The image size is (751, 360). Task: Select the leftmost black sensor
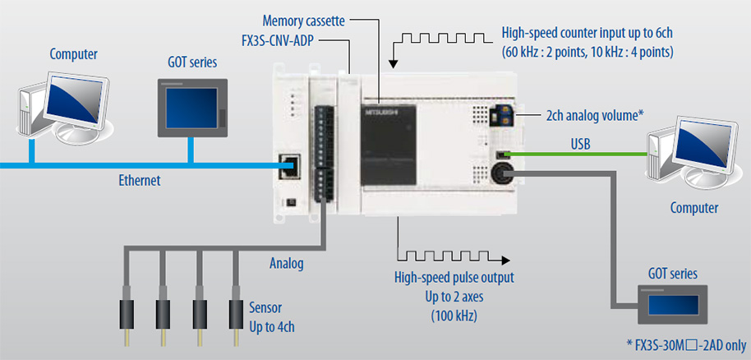[x=127, y=313]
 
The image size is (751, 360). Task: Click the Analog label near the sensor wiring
[x=287, y=264]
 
